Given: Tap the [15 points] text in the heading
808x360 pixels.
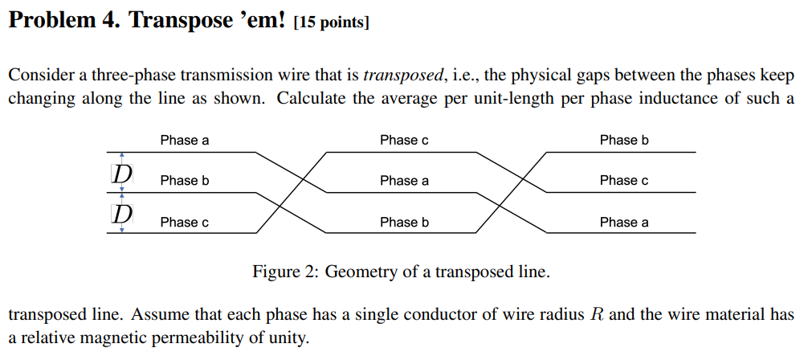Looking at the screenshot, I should pos(332,22).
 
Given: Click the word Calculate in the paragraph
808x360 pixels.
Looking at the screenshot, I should pos(314,99).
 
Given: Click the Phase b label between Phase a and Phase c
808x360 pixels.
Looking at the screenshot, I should pos(184,181).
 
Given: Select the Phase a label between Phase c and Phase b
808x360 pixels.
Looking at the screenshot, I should pos(404,181).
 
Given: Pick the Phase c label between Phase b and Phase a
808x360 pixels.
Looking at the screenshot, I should pos(623,181).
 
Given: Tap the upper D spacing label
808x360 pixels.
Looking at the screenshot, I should pos(122,173).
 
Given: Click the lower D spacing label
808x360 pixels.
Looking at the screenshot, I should pos(122,214).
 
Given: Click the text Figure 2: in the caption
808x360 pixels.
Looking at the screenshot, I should pos(285,272).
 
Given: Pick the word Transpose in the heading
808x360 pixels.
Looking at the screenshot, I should pos(177,19).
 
